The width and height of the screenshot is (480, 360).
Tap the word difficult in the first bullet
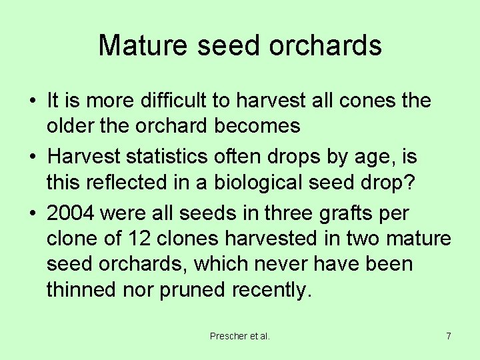175,101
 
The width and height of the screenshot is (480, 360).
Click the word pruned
194,289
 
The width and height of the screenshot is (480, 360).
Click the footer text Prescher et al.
240,336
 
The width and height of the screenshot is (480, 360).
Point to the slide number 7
449,336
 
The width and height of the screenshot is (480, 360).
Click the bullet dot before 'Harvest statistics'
33,157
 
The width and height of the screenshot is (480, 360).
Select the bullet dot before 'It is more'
33,101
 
